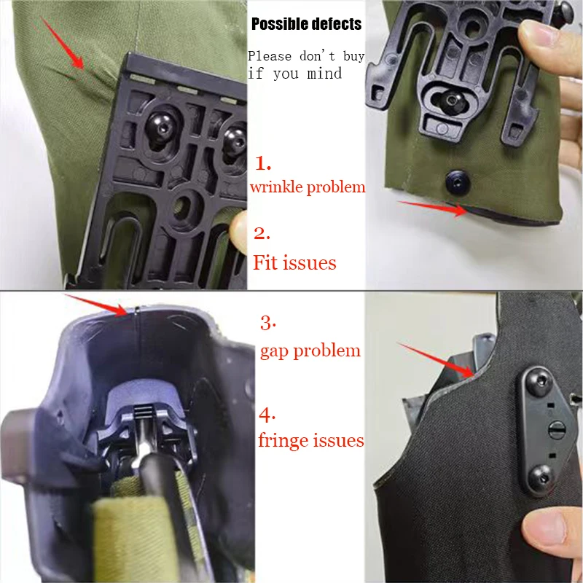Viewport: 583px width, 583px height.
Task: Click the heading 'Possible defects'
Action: tap(306, 24)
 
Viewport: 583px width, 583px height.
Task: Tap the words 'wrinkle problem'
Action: tap(308, 187)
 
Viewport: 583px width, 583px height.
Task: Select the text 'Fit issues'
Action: tap(294, 262)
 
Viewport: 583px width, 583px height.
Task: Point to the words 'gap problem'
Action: tap(310, 351)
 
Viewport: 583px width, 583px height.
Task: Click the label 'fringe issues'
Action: tap(311, 440)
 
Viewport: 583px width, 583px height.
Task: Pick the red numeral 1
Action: tap(262, 163)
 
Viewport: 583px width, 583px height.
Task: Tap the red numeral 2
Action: tap(262, 233)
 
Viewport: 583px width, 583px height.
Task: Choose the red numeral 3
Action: tap(267, 323)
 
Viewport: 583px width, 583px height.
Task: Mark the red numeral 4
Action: tap(267, 415)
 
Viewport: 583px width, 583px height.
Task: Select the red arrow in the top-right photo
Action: tap(433, 208)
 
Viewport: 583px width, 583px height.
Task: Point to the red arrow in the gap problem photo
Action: tap(97, 305)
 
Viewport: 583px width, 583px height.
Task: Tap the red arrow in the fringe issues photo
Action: tap(437, 359)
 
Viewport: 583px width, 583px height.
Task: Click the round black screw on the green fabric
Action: tap(458, 183)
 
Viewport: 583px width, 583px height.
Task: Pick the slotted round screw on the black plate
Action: tap(557, 430)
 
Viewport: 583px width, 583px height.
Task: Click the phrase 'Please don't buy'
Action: tap(306, 56)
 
